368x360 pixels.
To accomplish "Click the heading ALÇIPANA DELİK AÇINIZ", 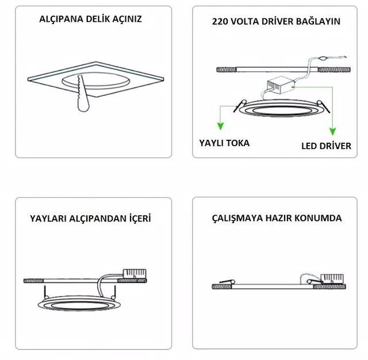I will point(90,19).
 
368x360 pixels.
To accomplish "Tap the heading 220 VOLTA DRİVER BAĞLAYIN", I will point(276,21).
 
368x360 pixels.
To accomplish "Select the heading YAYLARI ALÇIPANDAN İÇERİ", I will point(91,219).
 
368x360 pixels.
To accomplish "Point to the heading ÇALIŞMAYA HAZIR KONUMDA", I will point(276,219).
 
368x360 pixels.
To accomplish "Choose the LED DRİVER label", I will point(326,145).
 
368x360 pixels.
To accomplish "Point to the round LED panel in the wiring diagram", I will point(279,109).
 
